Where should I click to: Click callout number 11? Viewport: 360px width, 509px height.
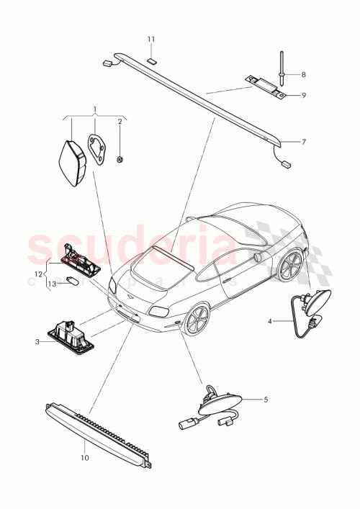click(x=151, y=38)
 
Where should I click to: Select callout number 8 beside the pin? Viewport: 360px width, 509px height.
click(x=303, y=74)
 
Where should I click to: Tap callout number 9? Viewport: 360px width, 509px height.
click(x=303, y=95)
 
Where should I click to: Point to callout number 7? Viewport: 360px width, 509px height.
click(x=303, y=142)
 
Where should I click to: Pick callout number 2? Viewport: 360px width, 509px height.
click(x=120, y=122)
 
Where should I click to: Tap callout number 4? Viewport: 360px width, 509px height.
click(x=271, y=322)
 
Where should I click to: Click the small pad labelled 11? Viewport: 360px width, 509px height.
click(x=152, y=60)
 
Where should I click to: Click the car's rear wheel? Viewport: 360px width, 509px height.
click(x=197, y=319)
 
